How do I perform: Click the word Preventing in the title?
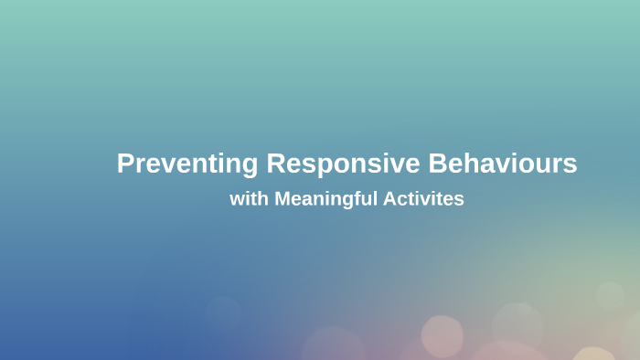188,164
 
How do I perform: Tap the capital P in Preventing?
125,164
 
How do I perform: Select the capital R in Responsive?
276,164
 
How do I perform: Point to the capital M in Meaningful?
283,198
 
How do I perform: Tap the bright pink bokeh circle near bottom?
442,336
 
